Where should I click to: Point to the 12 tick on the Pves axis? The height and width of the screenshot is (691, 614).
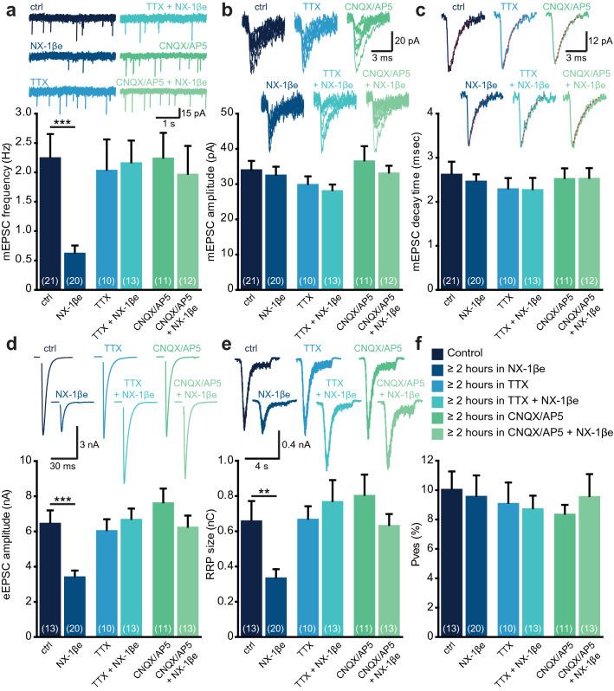pos(424,461)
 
